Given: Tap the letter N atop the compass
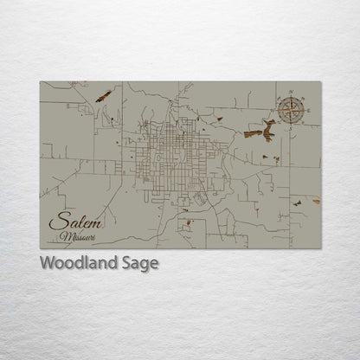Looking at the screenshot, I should pos(292,90).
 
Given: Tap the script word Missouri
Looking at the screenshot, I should pos(79,236).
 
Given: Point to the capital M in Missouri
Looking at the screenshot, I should pos(66,236).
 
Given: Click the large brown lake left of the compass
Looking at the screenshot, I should pos(259,131).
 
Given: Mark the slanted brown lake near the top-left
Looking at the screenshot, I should pos(103,96).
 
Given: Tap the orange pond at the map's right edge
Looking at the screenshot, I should pos(316,201).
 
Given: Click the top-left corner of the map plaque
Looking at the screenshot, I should pos(41,82).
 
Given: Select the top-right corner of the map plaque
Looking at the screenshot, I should pos(321,82).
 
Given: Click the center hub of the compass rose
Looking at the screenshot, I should pos(292,109).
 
